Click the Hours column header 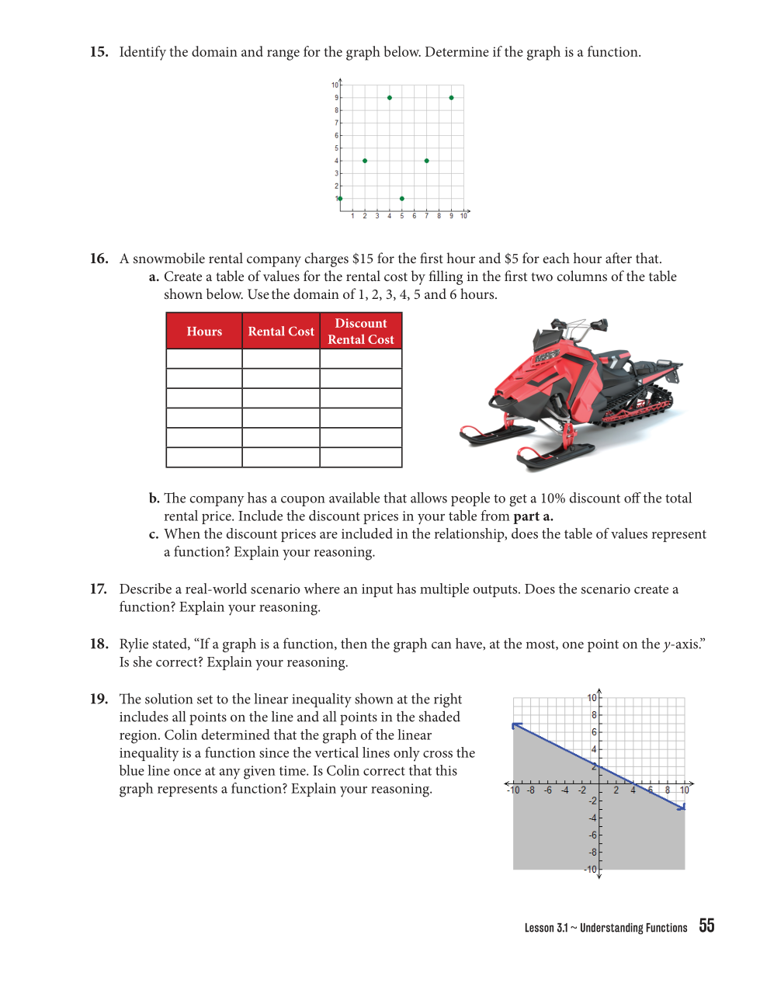coord(204,332)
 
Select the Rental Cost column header coord(281,332)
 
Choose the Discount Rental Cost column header coord(361,332)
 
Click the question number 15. coord(99,52)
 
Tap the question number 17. coord(99,589)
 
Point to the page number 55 coord(706,926)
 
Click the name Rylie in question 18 coord(137,644)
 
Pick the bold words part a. coord(533,516)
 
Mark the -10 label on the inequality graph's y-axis coord(591,870)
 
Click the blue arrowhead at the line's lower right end coord(682,808)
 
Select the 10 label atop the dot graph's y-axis coord(335,85)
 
